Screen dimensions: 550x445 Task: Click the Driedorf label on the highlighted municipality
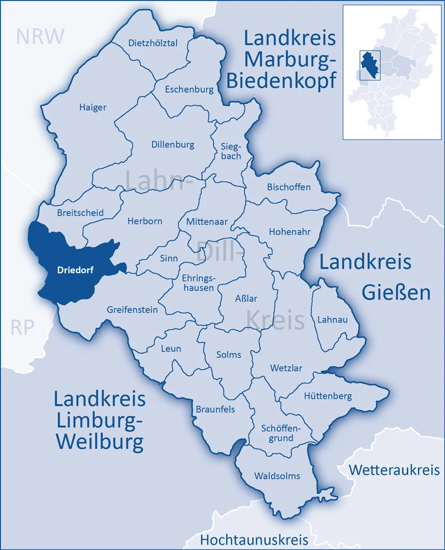75,270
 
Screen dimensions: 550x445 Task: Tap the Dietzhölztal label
153,43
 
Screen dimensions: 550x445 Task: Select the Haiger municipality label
93,107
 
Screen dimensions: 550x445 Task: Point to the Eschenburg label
189,89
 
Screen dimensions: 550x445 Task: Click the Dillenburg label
173,145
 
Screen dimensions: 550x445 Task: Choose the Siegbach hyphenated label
231,151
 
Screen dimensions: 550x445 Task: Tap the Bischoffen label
289,187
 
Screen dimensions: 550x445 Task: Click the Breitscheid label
80,213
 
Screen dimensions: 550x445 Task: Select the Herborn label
145,221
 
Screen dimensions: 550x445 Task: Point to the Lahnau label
332,319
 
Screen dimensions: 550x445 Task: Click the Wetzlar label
286,368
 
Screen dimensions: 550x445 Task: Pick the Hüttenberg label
328,396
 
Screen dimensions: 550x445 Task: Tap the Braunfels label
215,409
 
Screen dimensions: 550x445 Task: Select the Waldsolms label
277,476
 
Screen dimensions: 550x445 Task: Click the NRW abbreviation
40,36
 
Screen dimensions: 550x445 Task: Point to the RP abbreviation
22,327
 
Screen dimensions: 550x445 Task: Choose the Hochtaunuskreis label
254,539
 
